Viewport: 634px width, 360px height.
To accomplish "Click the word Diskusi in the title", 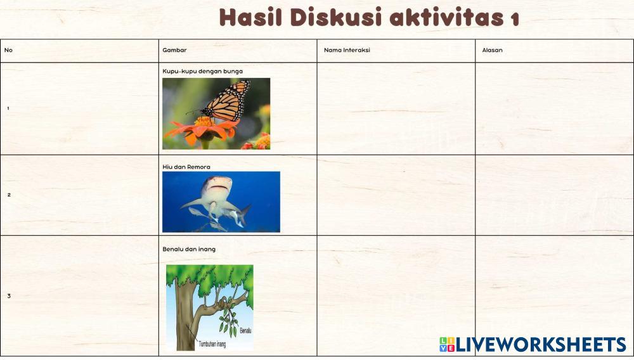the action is [335, 17].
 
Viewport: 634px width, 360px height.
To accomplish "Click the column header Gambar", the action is [174, 50].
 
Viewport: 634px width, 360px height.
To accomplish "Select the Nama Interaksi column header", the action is [347, 50].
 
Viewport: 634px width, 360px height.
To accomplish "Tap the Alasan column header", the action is [492, 50].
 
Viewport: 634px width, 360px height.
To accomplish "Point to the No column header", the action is [8, 50].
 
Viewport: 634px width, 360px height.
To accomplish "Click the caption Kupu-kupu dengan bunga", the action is [203, 72].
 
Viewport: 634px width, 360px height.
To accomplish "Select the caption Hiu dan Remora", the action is [186, 167].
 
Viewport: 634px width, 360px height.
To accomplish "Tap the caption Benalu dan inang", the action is [189, 249].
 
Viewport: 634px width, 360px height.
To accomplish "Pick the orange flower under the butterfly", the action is [202, 129].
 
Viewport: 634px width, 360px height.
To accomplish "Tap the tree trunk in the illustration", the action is [184, 315].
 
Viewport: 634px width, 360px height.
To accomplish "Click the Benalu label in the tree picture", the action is [245, 330].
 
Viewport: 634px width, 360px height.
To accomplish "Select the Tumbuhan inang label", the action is [212, 344].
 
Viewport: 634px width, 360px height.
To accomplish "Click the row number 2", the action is [9, 195].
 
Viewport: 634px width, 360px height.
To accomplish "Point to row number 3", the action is [9, 296].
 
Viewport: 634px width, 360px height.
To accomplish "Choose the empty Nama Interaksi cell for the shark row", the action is [396, 195].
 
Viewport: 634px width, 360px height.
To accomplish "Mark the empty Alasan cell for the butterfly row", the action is [554, 108].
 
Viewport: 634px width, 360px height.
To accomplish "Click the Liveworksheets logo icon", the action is [447, 344].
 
